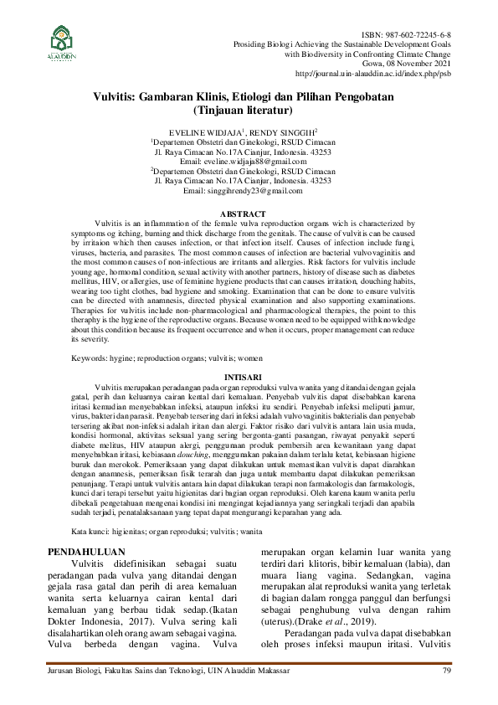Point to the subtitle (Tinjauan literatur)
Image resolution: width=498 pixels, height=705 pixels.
tap(242, 110)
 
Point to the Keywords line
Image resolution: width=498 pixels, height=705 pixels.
tap(143, 358)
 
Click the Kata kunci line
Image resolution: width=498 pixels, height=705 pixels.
tap(155, 508)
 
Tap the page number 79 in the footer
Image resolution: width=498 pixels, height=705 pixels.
tap(447, 671)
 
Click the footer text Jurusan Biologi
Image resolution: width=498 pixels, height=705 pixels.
tap(72, 671)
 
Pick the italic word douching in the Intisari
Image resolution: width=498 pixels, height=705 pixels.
tap(234, 430)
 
